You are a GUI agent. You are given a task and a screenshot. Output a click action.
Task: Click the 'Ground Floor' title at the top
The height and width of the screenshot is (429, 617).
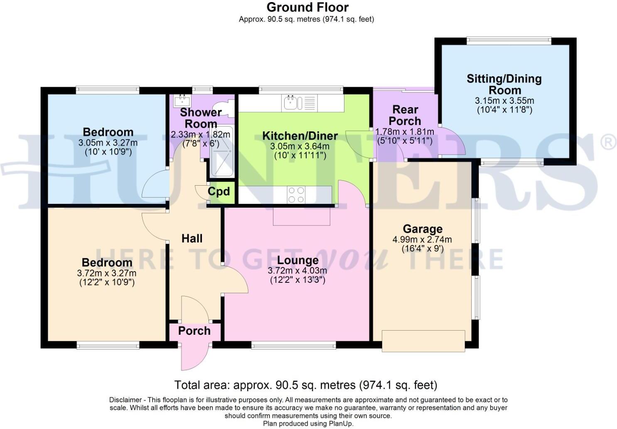click(307, 7)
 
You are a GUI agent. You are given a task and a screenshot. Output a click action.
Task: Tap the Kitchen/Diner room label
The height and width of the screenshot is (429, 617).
click(300, 136)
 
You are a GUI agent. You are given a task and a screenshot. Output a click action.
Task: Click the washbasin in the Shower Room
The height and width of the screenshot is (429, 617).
click(182, 100)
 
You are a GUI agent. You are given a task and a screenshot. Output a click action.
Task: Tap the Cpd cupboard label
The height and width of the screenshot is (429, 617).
click(219, 191)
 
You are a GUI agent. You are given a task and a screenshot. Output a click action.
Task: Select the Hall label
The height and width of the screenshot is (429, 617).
click(192, 238)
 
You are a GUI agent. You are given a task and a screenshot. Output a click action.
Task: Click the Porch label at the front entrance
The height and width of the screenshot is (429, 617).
click(194, 331)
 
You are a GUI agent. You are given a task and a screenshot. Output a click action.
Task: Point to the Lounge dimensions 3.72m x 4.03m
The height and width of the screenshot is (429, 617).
click(297, 271)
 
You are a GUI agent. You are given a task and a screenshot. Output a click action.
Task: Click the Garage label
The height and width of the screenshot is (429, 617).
click(423, 229)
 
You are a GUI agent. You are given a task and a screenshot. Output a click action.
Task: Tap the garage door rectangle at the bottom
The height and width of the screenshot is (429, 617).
click(423, 341)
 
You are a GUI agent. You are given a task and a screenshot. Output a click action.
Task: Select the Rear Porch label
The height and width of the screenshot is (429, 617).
click(405, 115)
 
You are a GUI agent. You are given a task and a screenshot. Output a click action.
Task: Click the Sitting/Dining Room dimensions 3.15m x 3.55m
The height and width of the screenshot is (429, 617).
click(504, 101)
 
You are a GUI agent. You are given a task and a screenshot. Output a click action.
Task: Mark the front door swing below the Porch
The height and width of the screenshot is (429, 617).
click(194, 357)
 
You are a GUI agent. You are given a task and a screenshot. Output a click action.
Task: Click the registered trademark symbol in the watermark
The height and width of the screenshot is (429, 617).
click(608, 143)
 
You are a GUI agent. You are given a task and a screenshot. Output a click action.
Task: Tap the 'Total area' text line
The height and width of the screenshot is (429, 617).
click(305, 385)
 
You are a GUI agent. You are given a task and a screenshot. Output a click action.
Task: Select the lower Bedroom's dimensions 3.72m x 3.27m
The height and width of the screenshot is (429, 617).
click(107, 273)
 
